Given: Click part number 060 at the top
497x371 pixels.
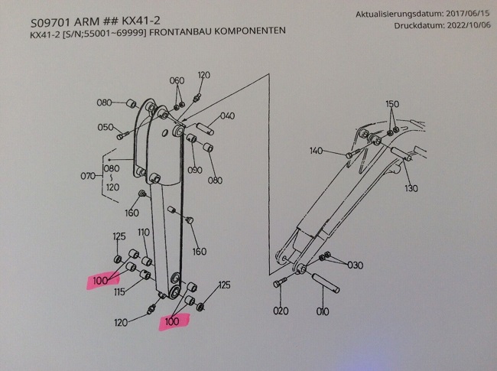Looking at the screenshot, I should (177, 80).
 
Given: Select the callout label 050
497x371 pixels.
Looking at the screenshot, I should (106, 127).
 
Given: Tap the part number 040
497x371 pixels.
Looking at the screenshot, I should (227, 116).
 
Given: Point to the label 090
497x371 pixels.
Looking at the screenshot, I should (193, 170).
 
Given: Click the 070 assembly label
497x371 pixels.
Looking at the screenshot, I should (90, 177).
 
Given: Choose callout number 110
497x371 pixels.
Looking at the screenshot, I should (143, 232).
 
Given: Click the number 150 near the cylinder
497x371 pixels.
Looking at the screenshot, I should (392, 103).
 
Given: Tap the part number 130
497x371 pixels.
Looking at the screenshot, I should (411, 188).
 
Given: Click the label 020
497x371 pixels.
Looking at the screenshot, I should (280, 311).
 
